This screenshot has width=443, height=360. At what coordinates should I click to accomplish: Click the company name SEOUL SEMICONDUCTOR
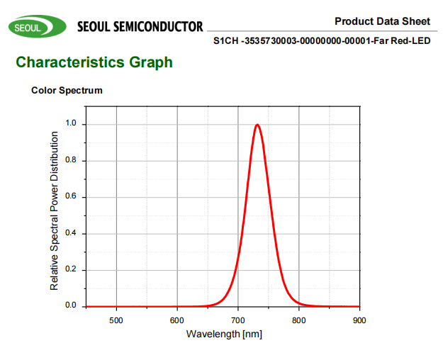coord(139,28)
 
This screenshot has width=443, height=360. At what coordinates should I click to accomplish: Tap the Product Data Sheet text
coord(382,21)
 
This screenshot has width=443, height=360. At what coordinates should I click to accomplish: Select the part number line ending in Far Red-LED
coord(322,41)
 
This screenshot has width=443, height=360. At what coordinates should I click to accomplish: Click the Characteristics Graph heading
coord(94,62)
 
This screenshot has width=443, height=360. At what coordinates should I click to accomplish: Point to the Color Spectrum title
coord(67,91)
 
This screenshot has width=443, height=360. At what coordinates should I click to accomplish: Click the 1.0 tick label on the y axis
coord(71,123)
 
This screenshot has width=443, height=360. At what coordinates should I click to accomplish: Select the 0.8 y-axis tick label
coord(71,160)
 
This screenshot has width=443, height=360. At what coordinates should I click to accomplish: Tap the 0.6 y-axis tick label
coord(71,196)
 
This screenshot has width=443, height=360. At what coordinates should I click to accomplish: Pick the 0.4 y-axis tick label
coord(71,233)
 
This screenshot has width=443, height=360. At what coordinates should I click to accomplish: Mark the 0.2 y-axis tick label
coord(71,270)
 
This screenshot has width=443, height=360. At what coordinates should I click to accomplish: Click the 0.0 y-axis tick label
coord(71,306)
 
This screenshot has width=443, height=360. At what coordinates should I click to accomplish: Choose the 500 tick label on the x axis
coord(116,320)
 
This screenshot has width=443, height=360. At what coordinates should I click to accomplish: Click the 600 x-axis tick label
coord(177,320)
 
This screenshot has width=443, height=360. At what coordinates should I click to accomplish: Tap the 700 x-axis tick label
coord(238,320)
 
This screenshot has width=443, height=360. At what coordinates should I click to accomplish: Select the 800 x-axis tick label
coord(299,320)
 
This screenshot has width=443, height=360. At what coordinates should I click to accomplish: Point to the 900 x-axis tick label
coord(360,320)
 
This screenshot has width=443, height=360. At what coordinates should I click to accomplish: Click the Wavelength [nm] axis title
coord(224,334)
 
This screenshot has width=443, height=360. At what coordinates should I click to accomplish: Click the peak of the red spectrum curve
coord(257,125)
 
